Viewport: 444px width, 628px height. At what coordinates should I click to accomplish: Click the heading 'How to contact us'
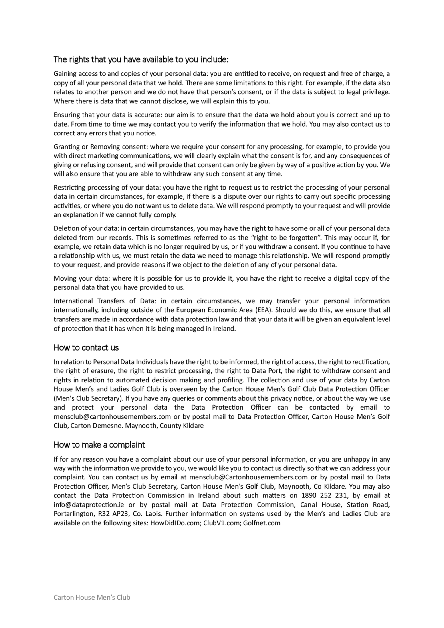(86, 348)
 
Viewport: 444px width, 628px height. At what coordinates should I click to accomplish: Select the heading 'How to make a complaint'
(99, 445)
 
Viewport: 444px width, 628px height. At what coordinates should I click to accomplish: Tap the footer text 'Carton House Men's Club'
(92, 597)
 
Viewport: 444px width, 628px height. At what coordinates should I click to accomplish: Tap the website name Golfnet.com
(262, 523)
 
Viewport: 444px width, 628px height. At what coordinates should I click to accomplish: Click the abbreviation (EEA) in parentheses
(264, 310)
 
